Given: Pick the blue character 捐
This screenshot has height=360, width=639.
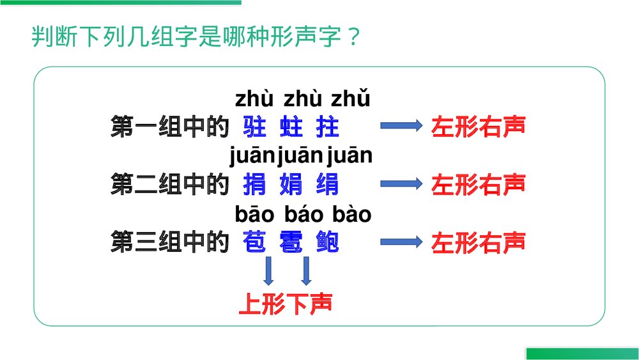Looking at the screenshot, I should (255, 185).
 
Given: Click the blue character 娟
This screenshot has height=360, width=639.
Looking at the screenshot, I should (291, 185).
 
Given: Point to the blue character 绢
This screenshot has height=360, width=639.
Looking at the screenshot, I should (327, 185).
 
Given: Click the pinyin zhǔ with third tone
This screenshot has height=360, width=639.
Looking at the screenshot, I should (350, 100).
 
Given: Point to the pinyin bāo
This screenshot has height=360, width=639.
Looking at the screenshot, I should (254, 215).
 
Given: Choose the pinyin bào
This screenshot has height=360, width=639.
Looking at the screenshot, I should (351, 215).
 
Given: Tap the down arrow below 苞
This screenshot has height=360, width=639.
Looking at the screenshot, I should (268, 270).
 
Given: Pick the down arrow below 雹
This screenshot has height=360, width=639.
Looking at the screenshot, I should (306, 270).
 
